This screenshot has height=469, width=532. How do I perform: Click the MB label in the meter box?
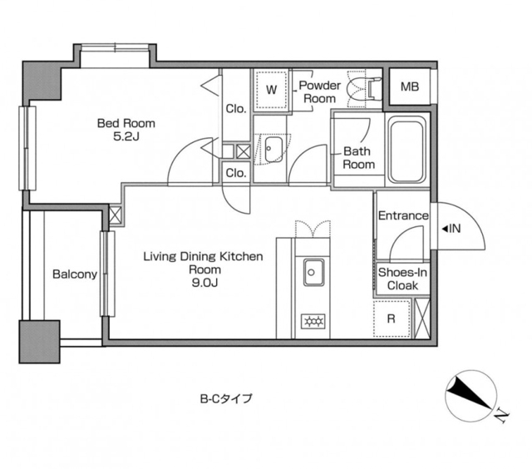click(410, 86)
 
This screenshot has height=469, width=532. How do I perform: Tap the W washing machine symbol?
click(272, 90)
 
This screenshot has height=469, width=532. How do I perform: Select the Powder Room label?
click(319, 91)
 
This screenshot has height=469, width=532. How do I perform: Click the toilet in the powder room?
click(364, 89)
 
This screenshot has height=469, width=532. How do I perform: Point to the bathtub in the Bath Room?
click(407, 150)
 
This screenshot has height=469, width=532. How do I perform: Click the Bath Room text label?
click(358, 157)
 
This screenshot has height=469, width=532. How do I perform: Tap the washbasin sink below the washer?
click(273, 150)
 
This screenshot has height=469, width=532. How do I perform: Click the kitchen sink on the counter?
click(313, 272)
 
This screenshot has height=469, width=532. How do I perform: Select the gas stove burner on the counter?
click(313, 321)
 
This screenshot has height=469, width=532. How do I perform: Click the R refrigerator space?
click(392, 318)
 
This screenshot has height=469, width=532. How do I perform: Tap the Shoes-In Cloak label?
click(402, 279)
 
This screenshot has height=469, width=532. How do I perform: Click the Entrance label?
click(403, 215)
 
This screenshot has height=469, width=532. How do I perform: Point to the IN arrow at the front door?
click(451, 229)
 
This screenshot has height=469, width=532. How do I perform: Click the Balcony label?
click(75, 274)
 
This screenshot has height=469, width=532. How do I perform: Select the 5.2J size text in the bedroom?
click(126, 136)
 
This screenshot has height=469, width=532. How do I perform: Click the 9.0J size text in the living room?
click(204, 283)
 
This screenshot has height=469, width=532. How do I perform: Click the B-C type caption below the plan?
click(226, 398)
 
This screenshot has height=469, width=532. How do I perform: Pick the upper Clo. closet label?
click(236, 109)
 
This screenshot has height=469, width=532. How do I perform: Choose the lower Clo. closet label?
click(236, 173)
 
